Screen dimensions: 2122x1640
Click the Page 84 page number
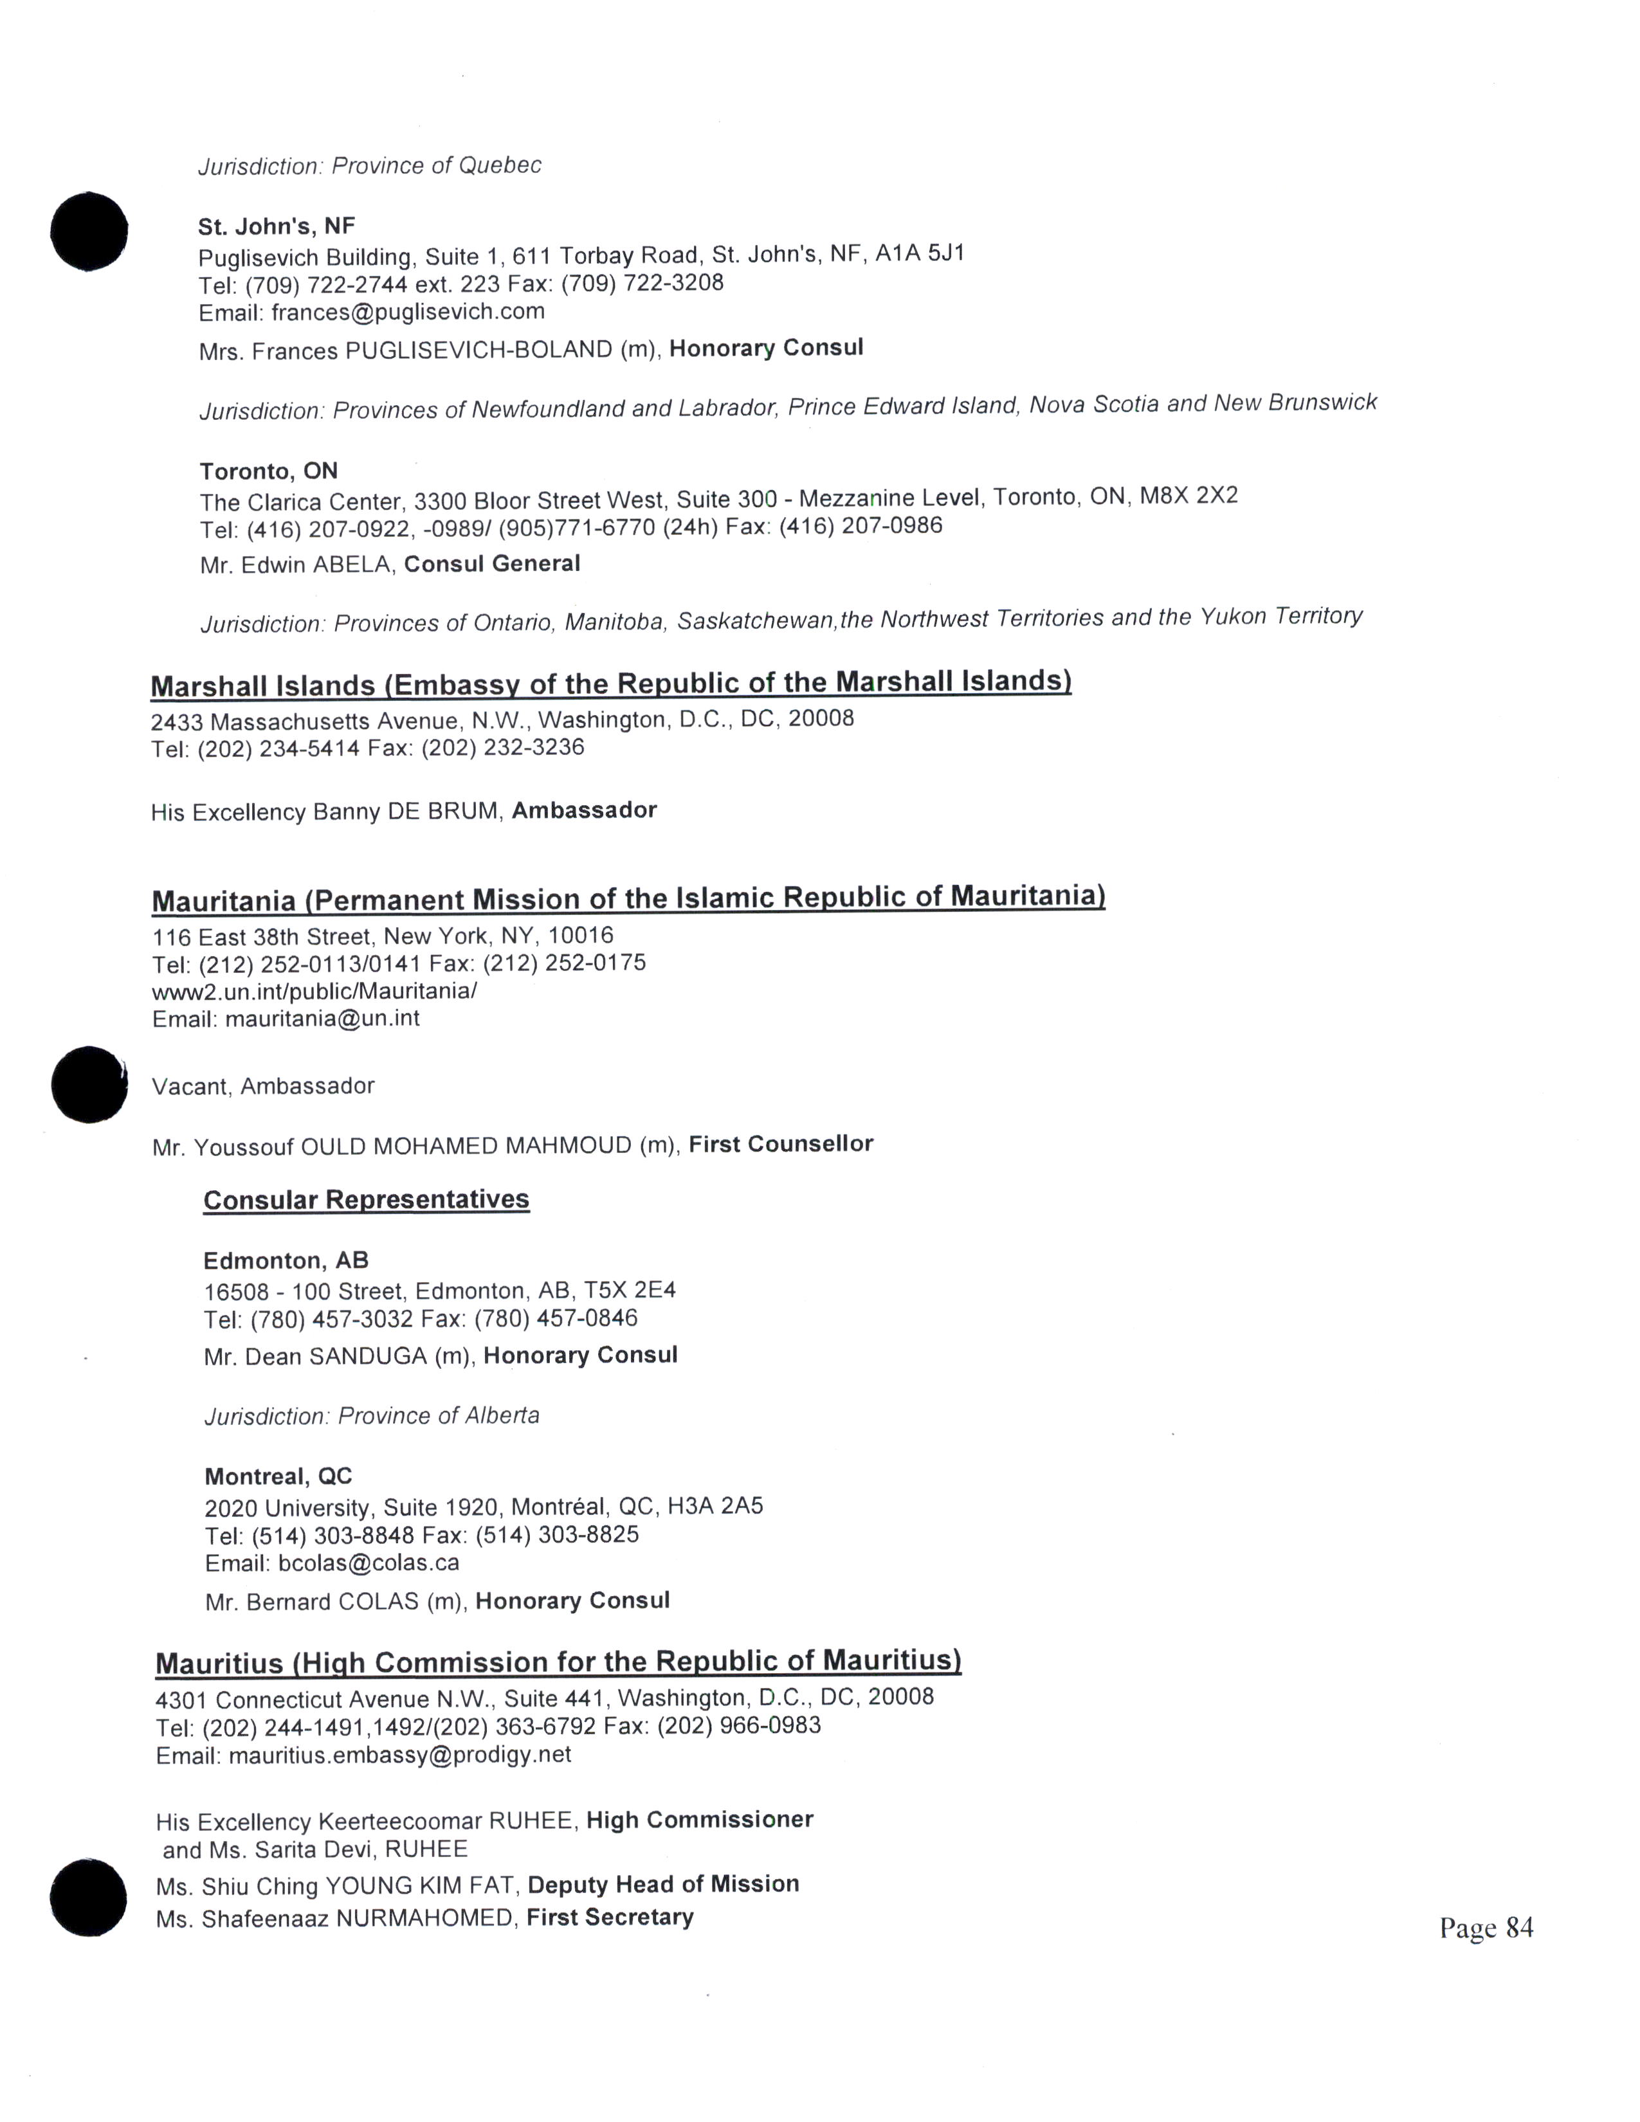(1486, 1928)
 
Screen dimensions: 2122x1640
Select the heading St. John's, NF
(277, 226)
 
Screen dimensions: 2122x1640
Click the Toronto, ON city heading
(269, 471)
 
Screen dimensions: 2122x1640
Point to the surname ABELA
(349, 565)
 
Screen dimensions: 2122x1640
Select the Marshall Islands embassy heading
(610, 684)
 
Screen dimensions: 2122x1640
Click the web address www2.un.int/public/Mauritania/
(314, 991)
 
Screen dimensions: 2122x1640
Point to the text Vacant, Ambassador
(263, 1086)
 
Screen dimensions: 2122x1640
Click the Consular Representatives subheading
(367, 1200)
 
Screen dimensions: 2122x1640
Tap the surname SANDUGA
(367, 1356)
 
